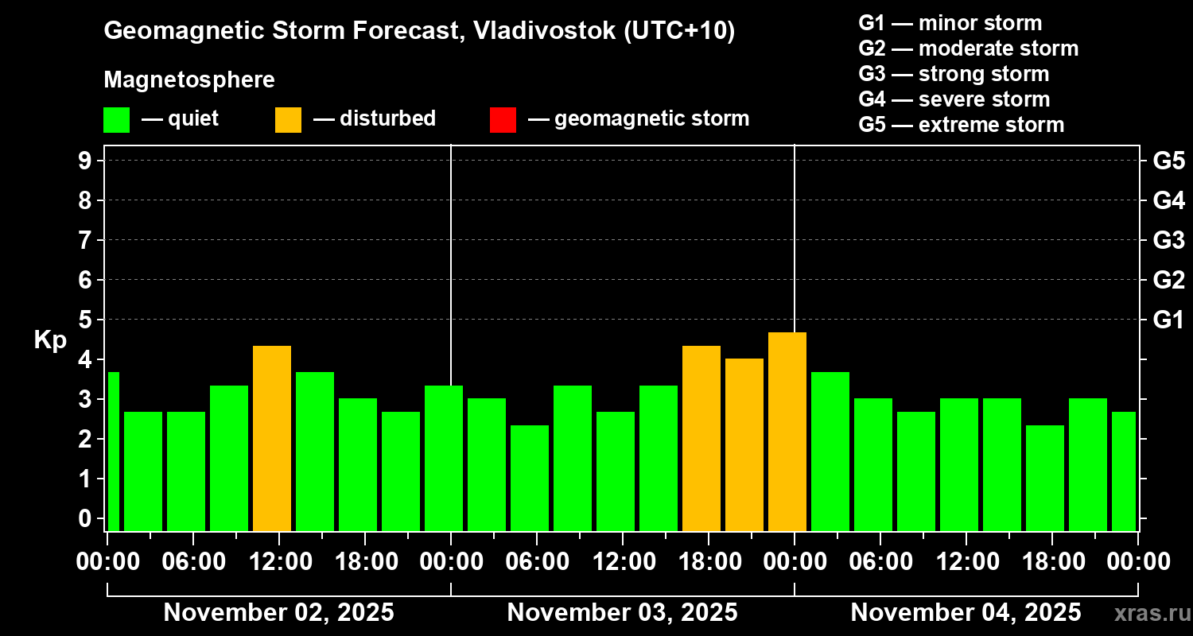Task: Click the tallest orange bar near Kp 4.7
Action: click(787, 432)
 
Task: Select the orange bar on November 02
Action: click(272, 438)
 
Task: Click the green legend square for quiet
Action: click(116, 120)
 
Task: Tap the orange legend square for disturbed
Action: click(288, 120)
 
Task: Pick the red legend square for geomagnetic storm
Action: click(503, 120)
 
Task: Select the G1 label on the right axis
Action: click(1168, 320)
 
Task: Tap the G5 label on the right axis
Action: click(1168, 161)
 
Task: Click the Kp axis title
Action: click(50, 340)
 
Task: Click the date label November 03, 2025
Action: click(622, 613)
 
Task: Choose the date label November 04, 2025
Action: click(966, 613)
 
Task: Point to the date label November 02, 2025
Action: click(278, 613)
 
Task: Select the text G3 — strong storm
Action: click(954, 74)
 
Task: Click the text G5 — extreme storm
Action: click(961, 125)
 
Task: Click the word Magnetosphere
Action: click(189, 80)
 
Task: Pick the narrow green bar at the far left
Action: click(113, 451)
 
